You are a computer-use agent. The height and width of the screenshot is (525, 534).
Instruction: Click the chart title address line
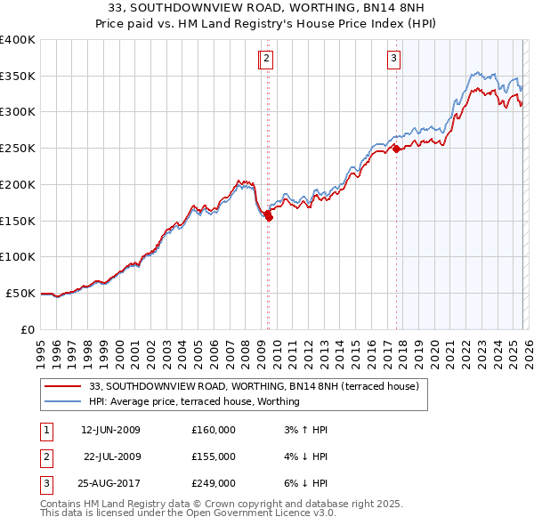267,8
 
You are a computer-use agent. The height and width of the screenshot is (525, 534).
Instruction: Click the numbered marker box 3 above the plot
393,60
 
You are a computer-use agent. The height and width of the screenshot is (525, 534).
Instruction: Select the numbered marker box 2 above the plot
267,60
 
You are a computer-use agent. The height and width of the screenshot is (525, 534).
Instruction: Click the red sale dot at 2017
396,149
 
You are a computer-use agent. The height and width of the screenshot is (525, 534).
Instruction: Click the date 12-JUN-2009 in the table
110,430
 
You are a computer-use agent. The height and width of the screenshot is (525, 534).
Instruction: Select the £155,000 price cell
214,456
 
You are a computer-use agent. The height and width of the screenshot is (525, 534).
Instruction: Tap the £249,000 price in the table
214,483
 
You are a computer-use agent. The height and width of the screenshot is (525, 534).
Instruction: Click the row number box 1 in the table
45,430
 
